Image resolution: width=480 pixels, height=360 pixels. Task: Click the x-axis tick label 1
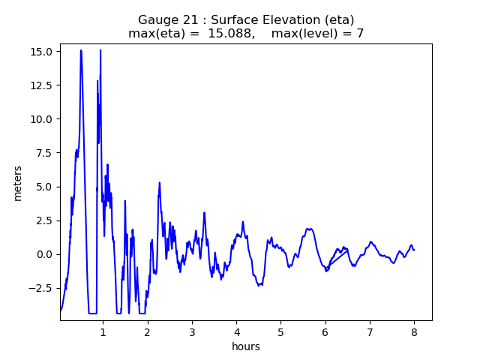103,331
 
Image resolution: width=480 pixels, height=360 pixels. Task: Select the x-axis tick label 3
192,331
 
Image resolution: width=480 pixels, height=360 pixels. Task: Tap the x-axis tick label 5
281,331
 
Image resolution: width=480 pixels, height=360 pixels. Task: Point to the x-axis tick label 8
414,331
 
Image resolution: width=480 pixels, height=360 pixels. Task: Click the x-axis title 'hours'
246,346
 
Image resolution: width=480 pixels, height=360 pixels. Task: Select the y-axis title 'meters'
18,183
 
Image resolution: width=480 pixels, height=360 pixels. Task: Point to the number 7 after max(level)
360,34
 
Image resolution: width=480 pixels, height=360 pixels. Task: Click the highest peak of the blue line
81,50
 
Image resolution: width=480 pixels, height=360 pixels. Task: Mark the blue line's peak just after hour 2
160,182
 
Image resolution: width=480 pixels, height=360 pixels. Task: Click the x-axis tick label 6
325,331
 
